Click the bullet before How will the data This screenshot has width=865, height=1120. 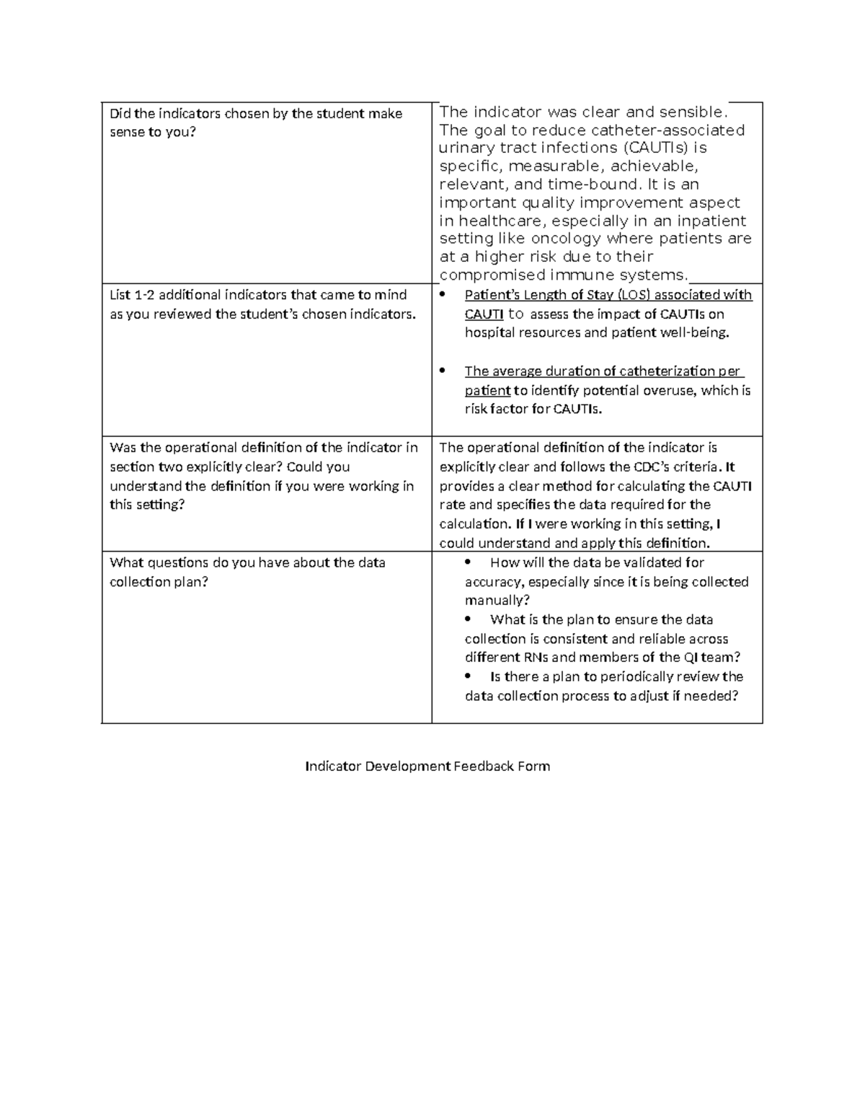(x=469, y=562)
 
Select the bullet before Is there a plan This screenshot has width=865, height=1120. (x=469, y=676)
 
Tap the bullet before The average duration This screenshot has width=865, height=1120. (x=443, y=371)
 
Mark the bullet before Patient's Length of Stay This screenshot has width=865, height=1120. (x=443, y=294)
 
